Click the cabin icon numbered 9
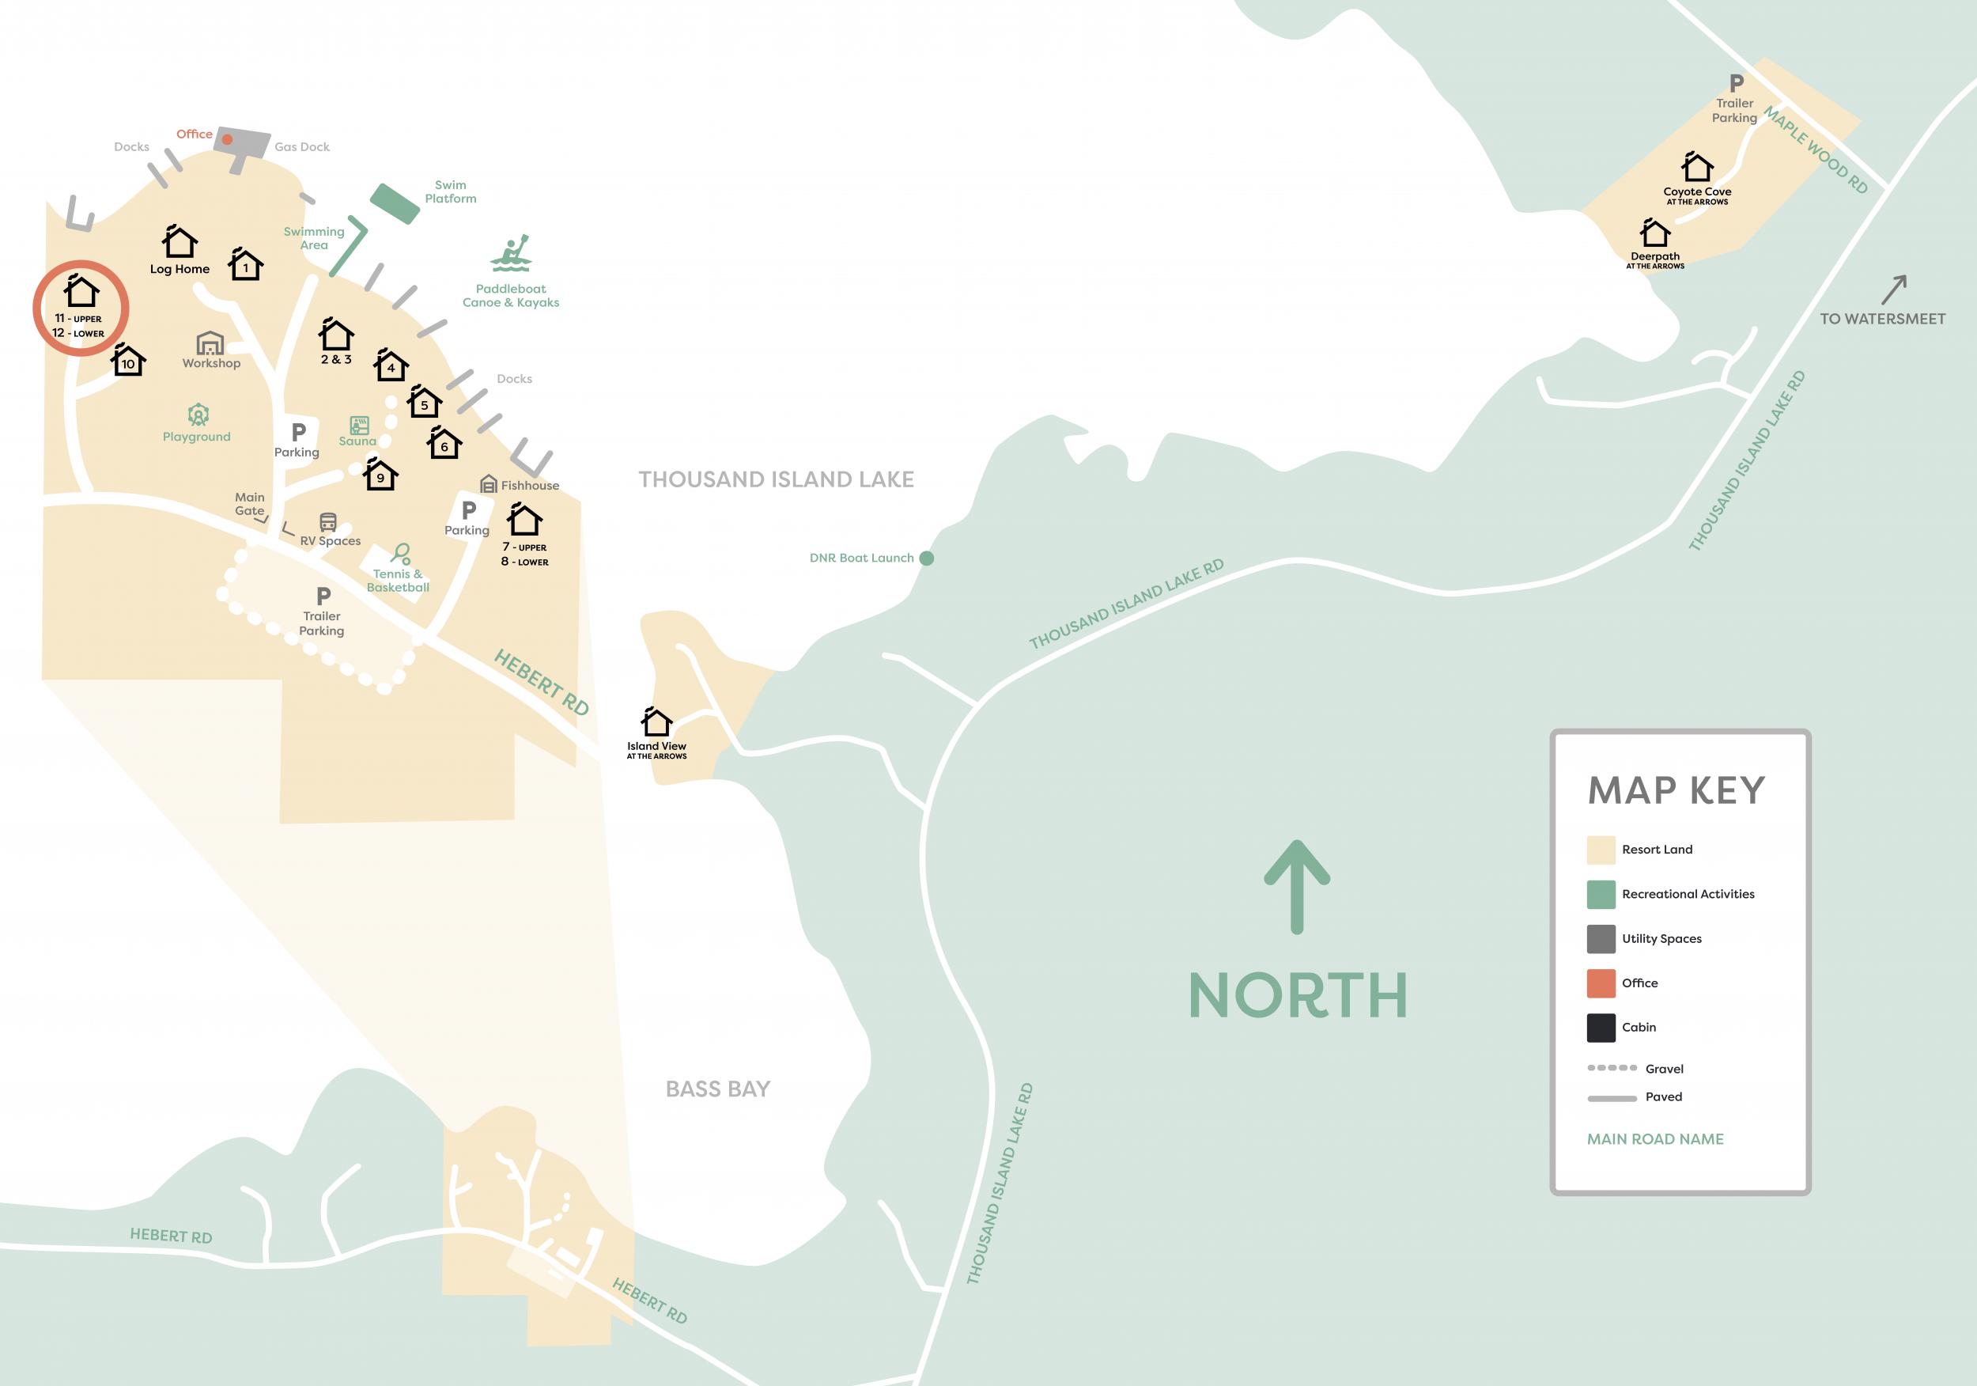tap(380, 475)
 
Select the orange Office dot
tap(227, 138)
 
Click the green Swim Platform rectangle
tap(395, 203)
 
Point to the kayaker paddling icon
tap(512, 253)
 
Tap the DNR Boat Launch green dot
tap(927, 559)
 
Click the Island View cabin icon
tap(656, 721)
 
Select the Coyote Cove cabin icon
tap(1696, 167)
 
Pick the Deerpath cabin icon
tap(1654, 233)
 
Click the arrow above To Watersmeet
tap(1894, 290)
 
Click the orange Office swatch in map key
tap(1601, 983)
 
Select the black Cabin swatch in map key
tap(1601, 1028)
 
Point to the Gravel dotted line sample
tap(1612, 1068)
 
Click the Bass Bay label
tap(717, 1089)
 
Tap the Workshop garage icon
tap(210, 343)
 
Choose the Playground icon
tap(198, 415)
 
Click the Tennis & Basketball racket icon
tap(400, 553)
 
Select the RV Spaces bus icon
tap(328, 522)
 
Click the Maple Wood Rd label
tap(1816, 150)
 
